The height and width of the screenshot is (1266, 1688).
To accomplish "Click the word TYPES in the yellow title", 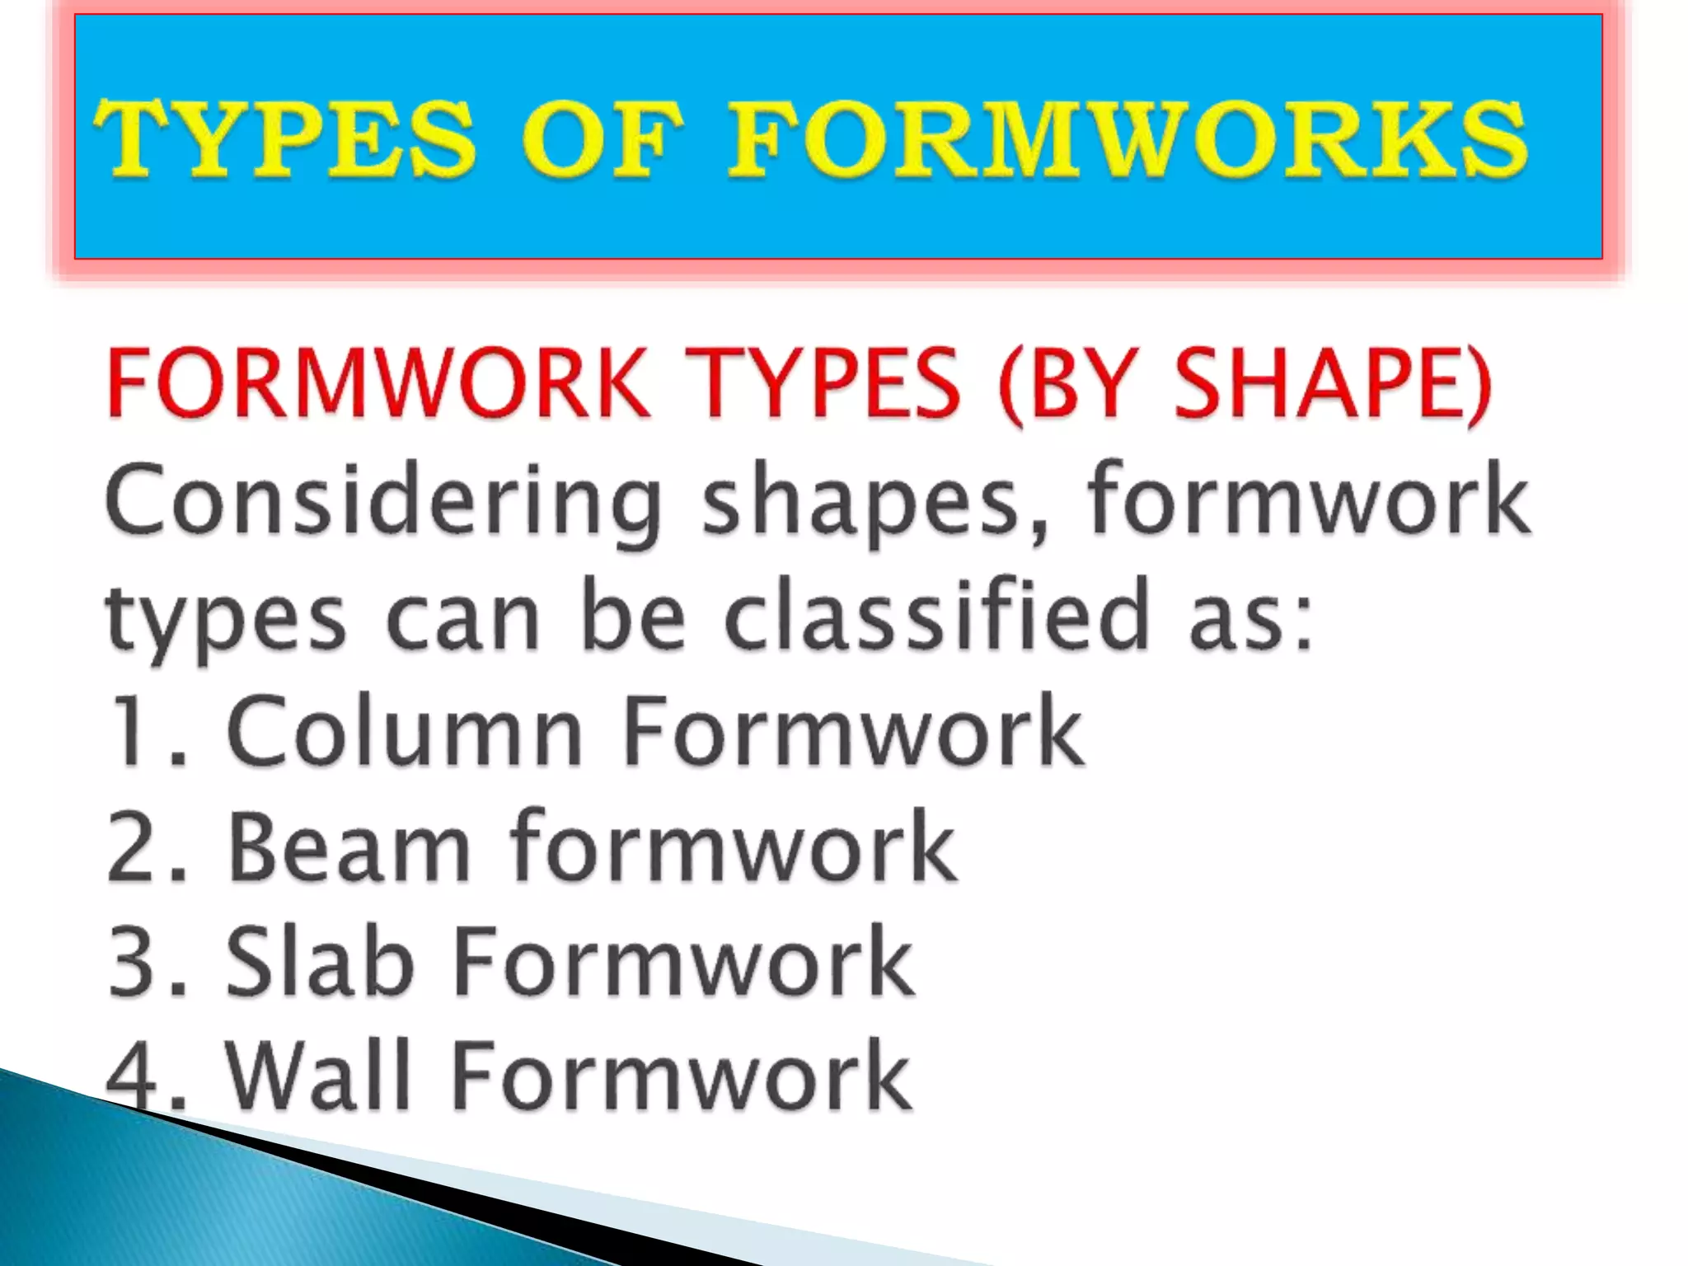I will [285, 138].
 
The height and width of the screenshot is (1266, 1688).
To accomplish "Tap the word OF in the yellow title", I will [600, 138].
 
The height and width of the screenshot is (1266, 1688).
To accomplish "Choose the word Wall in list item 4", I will [318, 1076].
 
